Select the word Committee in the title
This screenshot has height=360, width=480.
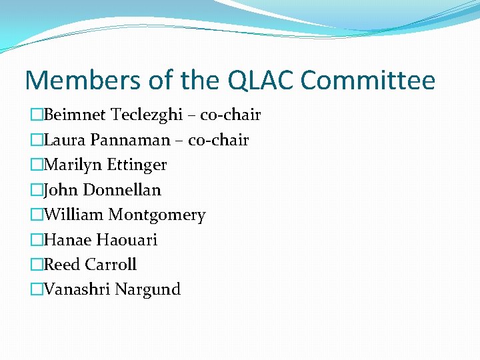(x=367, y=81)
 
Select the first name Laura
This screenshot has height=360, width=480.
(x=64, y=140)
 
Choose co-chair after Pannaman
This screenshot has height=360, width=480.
(x=219, y=140)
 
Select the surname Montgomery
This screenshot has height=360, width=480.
(x=157, y=215)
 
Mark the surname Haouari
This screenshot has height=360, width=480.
(x=127, y=239)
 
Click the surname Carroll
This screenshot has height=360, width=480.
(x=111, y=264)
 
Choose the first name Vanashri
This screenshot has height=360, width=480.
(x=77, y=289)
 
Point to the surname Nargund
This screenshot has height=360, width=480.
(x=148, y=290)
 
